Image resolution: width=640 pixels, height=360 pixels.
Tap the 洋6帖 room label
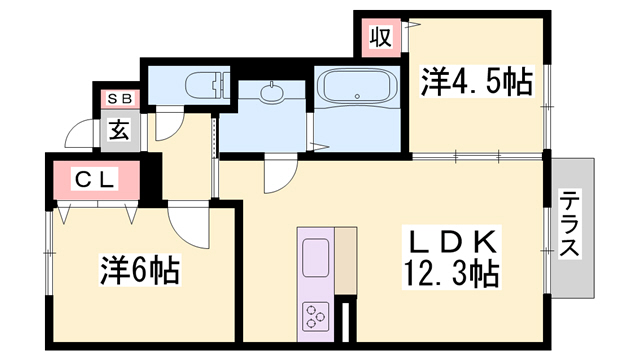pos(139,269)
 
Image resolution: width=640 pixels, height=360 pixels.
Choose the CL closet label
pos(96,180)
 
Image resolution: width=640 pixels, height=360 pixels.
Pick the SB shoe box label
pos(119,98)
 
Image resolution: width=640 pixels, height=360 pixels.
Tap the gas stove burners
pos(316,316)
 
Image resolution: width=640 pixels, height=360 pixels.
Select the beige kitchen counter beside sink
pos(345,260)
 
